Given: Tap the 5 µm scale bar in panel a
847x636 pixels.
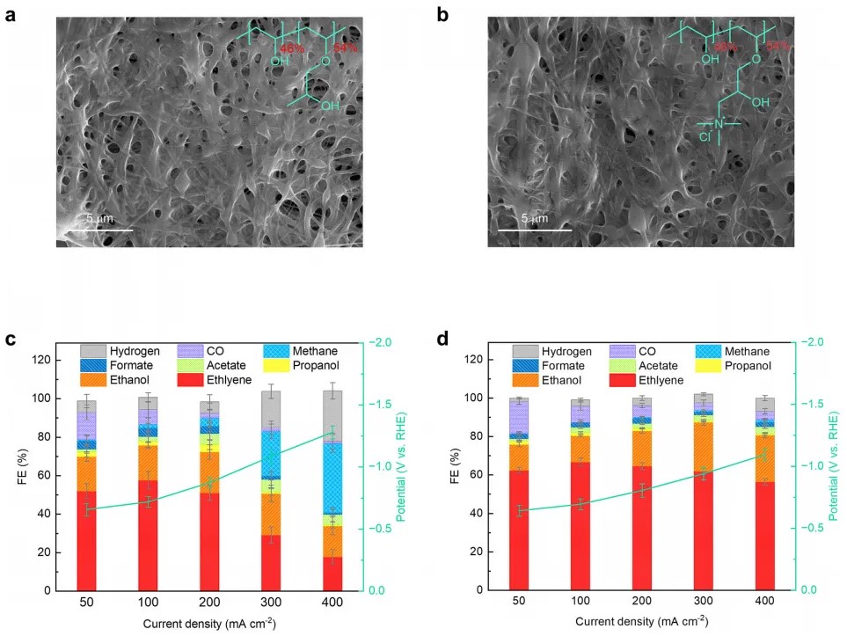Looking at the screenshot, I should [97, 230].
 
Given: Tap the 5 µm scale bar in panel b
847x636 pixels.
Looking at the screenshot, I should [529, 230].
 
